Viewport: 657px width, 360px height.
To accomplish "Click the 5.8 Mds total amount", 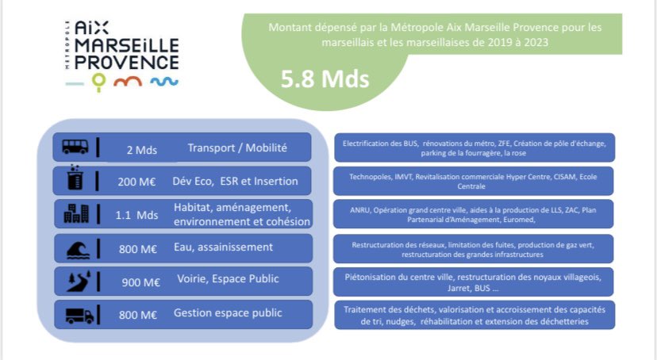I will coord(325,80).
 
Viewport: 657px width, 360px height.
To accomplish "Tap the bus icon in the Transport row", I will coord(75,147).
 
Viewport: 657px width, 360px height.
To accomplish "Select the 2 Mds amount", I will coord(141,148).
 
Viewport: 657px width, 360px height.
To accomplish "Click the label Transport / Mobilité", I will coord(237,147).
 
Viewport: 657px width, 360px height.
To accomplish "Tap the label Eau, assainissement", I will coord(223,247).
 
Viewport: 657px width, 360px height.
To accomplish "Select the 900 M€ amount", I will coord(141,281).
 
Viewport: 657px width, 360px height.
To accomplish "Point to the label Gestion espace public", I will coord(228,313).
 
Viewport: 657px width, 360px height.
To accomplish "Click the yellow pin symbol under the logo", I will coord(98,81).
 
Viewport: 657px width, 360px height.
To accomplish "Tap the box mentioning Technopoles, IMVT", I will coord(474,181).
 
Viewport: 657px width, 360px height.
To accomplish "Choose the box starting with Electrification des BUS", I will coord(474,147).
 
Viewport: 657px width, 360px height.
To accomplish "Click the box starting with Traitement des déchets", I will coord(474,314).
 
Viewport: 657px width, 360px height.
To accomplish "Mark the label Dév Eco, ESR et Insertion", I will coord(236,181).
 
